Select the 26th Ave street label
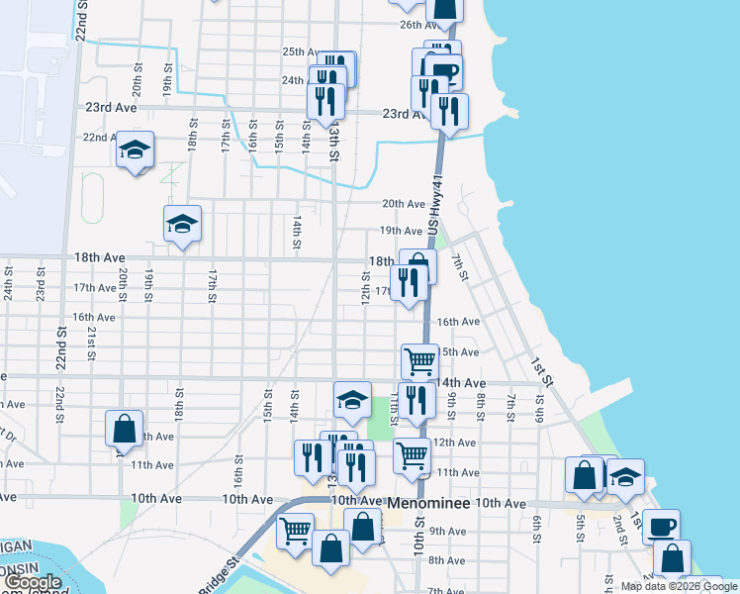[419, 25]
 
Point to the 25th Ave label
[302, 52]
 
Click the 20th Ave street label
[403, 204]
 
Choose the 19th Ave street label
[402, 231]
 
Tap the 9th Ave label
[447, 532]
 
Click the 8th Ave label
[447, 560]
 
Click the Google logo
[33, 583]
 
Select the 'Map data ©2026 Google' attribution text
[679, 587]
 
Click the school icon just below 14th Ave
[352, 400]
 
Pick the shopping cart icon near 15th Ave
[419, 361]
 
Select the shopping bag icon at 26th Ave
[446, 8]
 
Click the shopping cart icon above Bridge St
[295, 531]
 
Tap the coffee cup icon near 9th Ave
[661, 525]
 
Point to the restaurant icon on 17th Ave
[409, 282]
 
